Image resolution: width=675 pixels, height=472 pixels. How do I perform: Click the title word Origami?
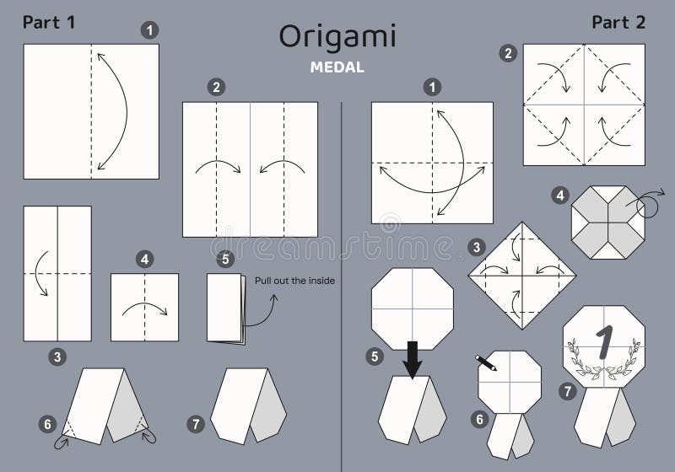[x=337, y=38]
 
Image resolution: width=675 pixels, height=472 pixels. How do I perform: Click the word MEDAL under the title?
[x=337, y=68]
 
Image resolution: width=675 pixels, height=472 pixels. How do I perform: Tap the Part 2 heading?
[x=618, y=23]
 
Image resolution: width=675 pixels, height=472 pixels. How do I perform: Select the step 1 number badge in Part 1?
[x=149, y=30]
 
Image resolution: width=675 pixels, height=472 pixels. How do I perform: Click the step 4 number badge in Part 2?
[x=559, y=196]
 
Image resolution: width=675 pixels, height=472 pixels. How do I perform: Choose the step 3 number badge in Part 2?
[x=478, y=247]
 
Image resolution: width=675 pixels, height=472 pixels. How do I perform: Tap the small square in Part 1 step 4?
[x=144, y=307]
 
